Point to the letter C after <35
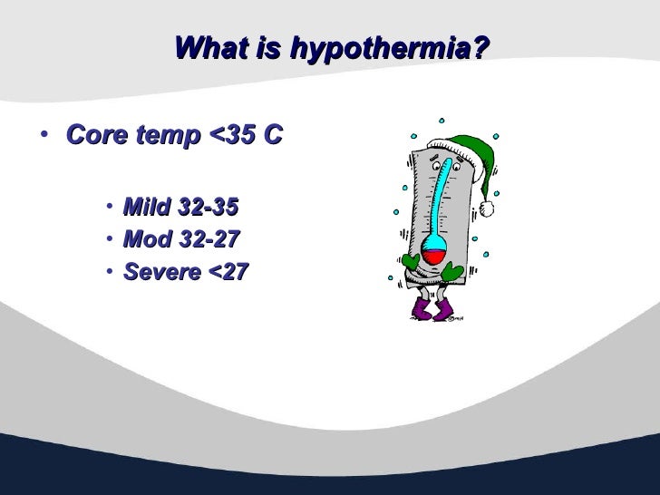point(273,136)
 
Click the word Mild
point(147,208)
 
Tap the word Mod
point(145,239)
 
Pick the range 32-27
point(207,239)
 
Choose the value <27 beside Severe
point(226,271)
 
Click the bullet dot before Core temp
point(44,137)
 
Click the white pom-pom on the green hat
point(487,209)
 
